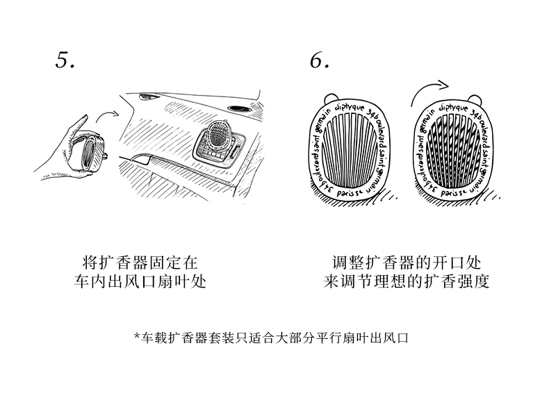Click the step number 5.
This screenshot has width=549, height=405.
point(64,60)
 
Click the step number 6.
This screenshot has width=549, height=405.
point(319,60)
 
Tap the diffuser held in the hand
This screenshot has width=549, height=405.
point(90,149)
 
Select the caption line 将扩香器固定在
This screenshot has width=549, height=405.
point(140,263)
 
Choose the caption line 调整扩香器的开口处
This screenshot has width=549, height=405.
point(407,263)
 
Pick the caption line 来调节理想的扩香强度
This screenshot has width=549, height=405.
point(407,283)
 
